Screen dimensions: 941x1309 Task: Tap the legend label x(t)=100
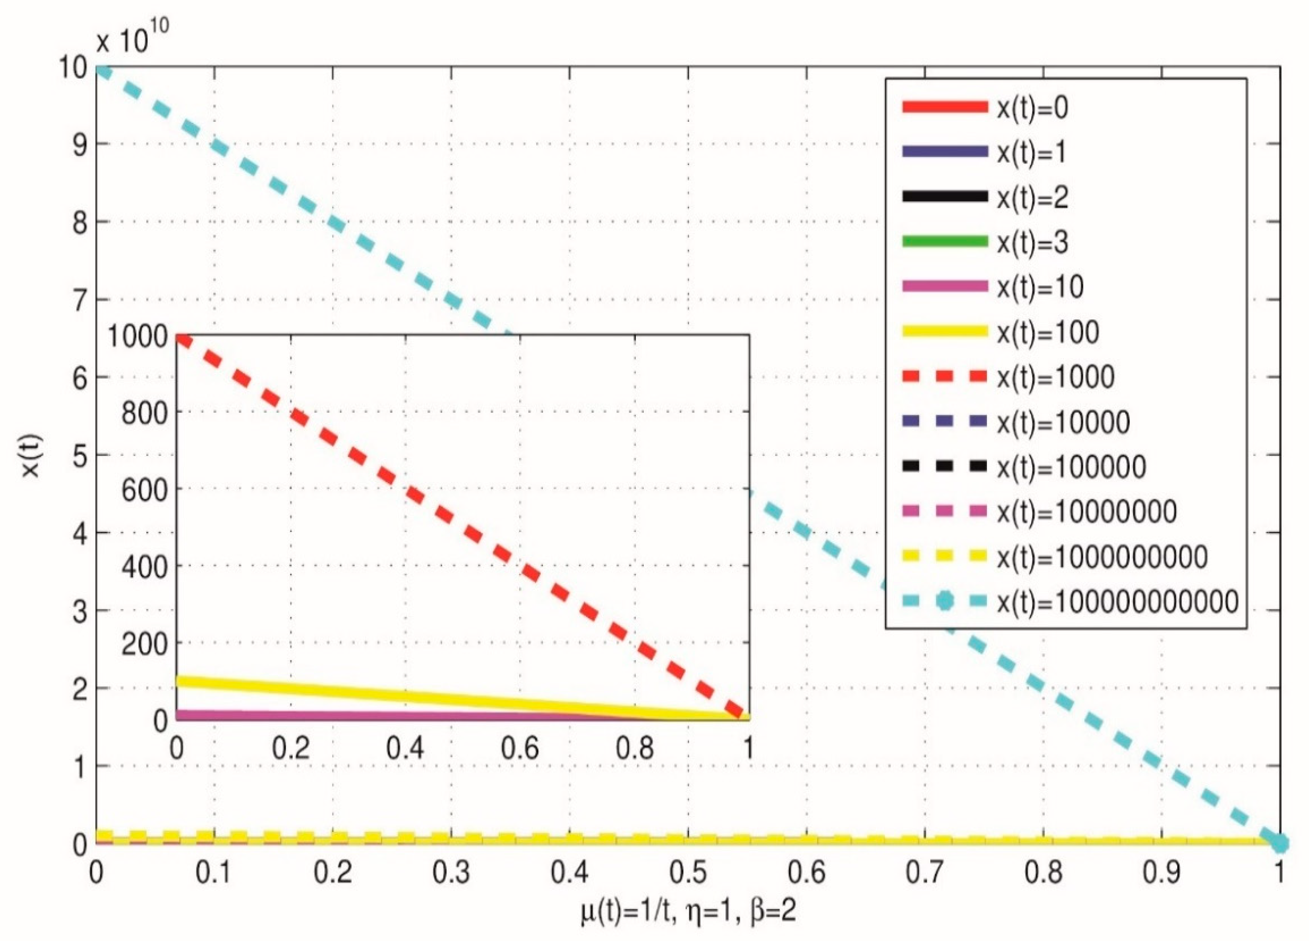click(x=1047, y=332)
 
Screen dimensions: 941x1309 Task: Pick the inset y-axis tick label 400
click(x=144, y=568)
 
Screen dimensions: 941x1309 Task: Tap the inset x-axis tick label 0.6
click(x=520, y=748)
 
